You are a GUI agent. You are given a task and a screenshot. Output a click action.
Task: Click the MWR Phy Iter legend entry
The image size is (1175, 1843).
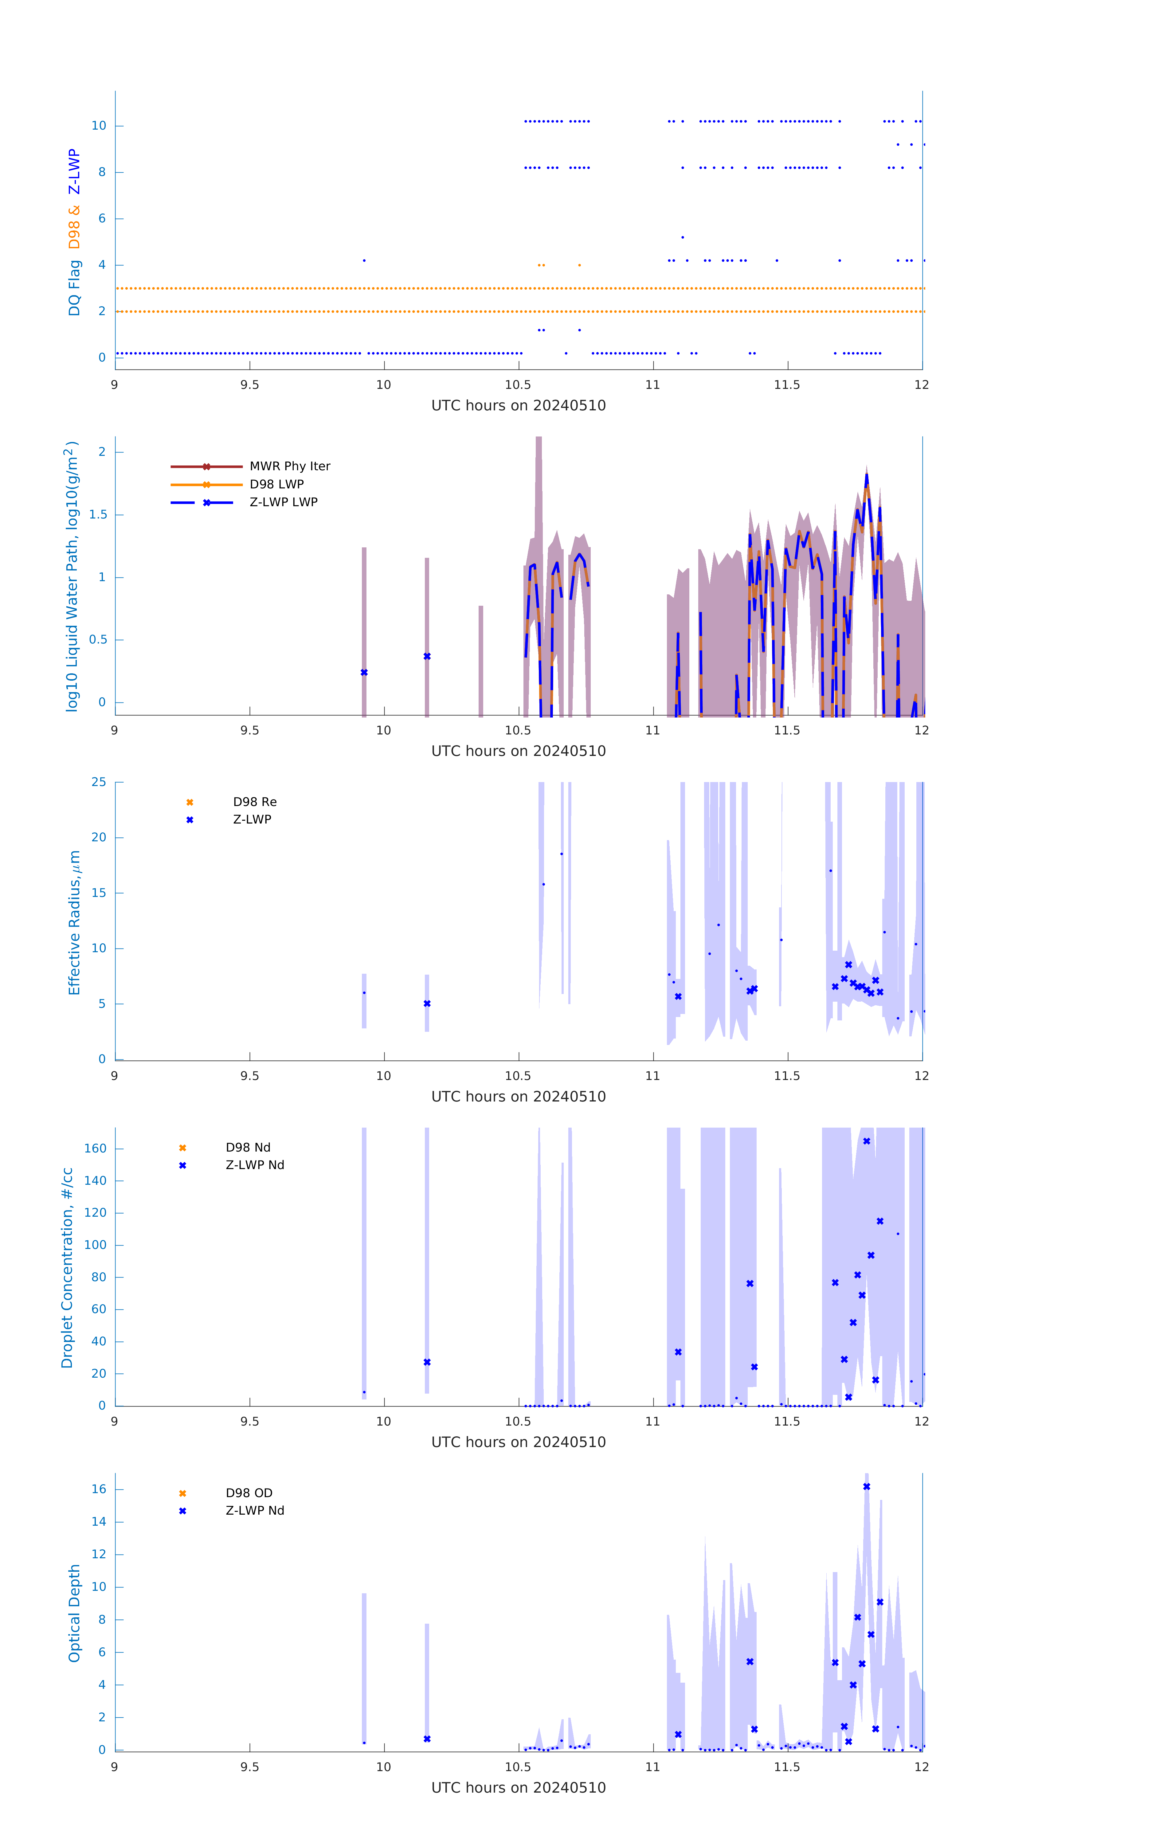289,466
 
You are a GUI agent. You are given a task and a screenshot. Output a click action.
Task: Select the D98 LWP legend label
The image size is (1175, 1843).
276,484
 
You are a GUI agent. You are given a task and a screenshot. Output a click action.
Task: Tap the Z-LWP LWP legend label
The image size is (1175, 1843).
283,502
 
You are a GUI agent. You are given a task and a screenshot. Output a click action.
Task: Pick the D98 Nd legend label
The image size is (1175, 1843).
248,1147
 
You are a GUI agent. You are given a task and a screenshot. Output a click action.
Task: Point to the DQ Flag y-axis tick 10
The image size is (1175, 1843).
99,126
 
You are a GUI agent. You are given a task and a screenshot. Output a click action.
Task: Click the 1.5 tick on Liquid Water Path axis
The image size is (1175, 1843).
98,514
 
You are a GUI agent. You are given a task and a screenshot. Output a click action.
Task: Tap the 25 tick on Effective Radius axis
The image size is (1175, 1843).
99,782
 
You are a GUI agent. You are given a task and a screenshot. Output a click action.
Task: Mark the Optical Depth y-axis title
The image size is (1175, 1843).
74,1613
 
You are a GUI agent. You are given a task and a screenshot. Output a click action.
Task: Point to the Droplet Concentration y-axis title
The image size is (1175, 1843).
67,1267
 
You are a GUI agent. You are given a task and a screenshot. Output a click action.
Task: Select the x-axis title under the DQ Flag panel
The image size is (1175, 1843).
518,406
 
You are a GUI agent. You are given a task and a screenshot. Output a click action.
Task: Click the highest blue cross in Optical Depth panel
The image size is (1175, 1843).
867,1486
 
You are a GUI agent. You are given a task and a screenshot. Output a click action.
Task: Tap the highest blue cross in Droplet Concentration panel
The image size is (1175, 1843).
867,1141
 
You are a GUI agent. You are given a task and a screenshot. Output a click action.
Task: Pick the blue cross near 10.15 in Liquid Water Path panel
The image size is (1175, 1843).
427,657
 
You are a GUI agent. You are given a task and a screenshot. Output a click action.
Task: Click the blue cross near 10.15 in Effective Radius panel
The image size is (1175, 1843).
427,1004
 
